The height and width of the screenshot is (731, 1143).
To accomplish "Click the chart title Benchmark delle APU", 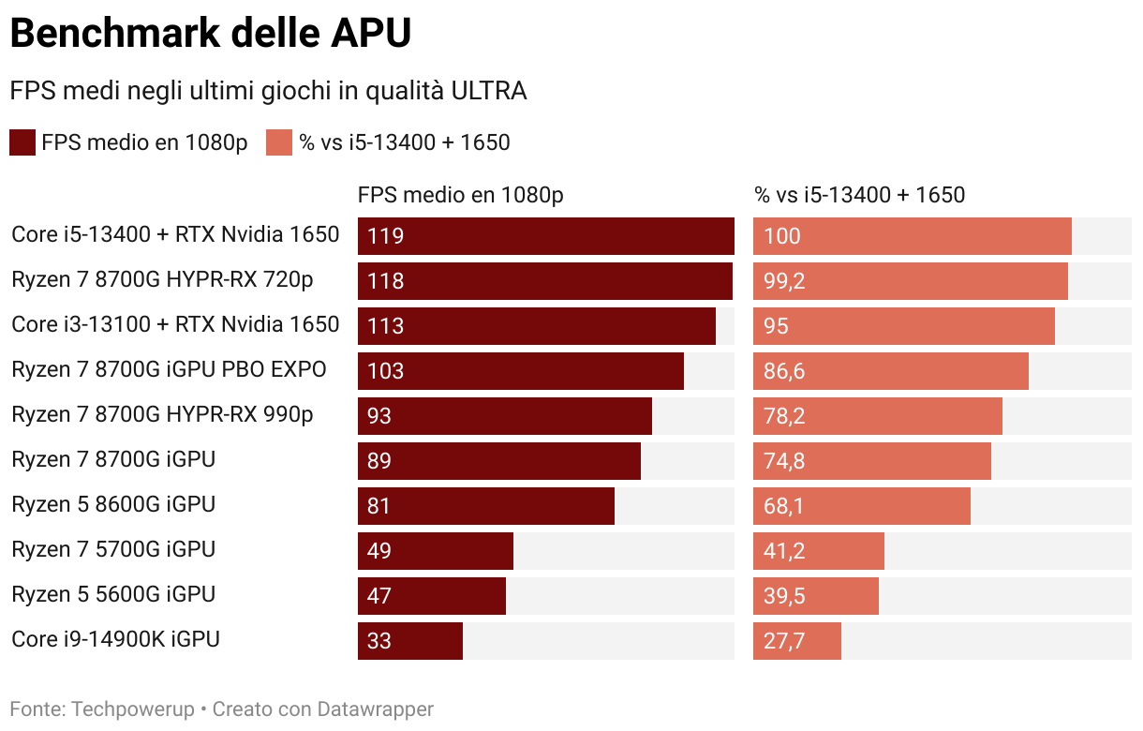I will (211, 34).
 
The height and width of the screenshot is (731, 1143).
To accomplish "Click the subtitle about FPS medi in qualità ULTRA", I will (268, 91).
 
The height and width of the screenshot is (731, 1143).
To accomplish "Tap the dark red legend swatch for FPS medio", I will (22, 142).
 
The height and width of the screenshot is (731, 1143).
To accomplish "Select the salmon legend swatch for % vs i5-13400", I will (279, 142).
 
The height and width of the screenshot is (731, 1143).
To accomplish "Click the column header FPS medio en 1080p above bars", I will (460, 195).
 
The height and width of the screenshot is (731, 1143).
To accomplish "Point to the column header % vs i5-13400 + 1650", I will (859, 195).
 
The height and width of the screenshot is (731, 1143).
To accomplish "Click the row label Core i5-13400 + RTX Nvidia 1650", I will (175, 234).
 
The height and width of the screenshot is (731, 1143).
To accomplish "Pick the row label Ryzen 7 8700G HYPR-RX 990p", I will (162, 414).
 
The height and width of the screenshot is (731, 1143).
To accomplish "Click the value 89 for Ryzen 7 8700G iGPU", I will (379, 461).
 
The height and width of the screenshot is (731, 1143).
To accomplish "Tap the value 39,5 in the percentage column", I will (784, 596).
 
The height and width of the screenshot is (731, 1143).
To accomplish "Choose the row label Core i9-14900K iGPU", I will (115, 639).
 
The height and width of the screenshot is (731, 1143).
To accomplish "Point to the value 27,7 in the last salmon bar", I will (784, 641).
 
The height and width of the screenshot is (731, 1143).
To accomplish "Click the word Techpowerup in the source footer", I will (134, 709).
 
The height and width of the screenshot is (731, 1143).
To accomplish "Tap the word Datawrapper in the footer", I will (375, 709).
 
